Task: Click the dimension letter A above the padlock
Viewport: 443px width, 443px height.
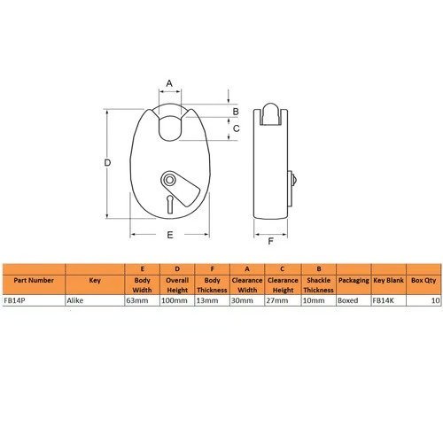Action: [169, 83]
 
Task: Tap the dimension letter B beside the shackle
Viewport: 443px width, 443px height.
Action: [236, 112]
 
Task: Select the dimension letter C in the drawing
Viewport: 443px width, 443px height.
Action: [236, 128]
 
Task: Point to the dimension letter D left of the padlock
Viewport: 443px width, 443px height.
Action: [107, 162]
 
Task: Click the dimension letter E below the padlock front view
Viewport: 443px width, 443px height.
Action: [170, 235]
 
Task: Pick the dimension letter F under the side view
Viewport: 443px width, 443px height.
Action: [270, 241]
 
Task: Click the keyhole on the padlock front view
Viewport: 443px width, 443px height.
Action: [170, 204]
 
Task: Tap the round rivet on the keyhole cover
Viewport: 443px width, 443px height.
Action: [169, 180]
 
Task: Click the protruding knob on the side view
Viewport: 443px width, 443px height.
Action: [292, 179]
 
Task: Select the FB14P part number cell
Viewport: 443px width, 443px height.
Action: [14, 300]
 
